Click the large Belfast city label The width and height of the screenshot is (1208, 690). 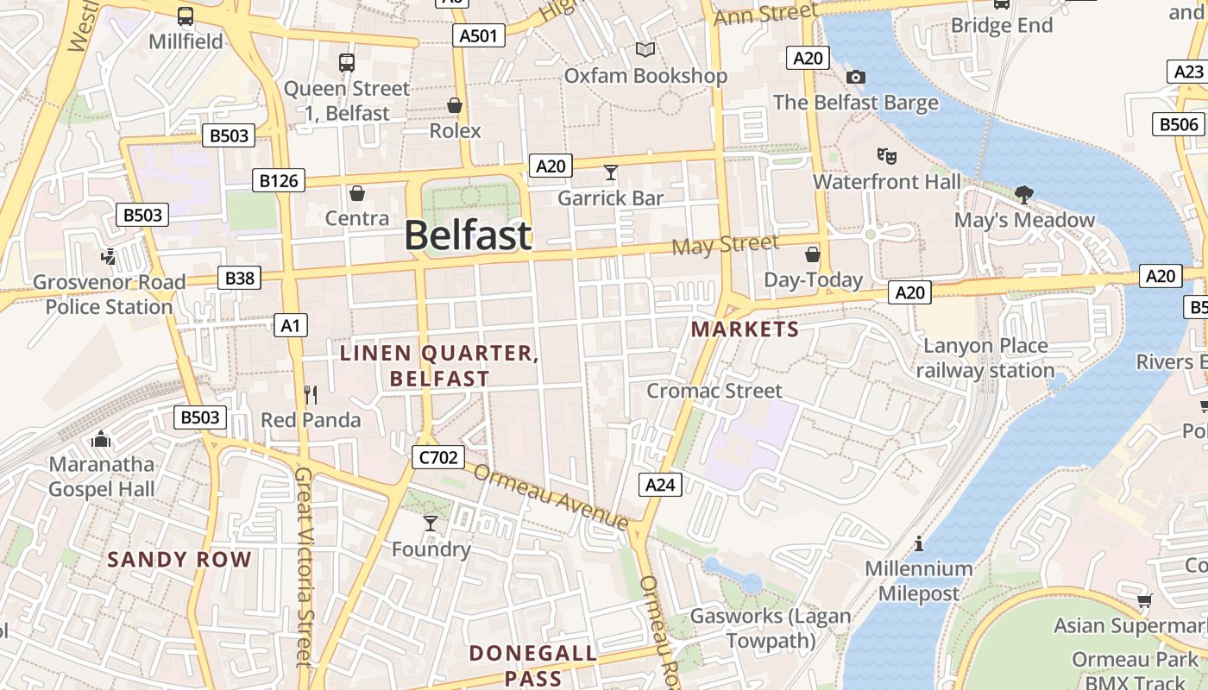(x=467, y=235)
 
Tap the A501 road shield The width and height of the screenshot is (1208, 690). (x=478, y=35)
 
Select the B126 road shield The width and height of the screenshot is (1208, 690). (x=279, y=180)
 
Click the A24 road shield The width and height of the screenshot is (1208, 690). (x=660, y=485)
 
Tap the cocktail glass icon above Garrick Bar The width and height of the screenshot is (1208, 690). (x=611, y=173)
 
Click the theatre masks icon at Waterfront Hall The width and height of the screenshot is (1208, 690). (x=886, y=157)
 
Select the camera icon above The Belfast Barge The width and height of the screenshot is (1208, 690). (x=855, y=78)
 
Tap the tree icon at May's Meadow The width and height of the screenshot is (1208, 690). (x=1024, y=195)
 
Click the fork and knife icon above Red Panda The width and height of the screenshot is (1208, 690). (x=311, y=395)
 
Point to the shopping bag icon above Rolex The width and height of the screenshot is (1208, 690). (x=455, y=106)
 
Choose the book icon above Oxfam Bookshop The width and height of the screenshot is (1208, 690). (x=645, y=50)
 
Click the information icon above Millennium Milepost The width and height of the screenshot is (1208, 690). (x=918, y=544)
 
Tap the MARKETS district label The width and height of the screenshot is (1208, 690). (x=745, y=329)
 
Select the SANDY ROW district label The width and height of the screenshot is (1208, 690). (x=179, y=559)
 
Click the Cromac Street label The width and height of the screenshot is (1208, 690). (x=714, y=391)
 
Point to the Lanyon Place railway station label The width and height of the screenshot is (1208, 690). (x=985, y=358)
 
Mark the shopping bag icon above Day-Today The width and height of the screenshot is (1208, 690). (x=812, y=254)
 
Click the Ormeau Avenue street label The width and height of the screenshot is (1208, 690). (x=551, y=498)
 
